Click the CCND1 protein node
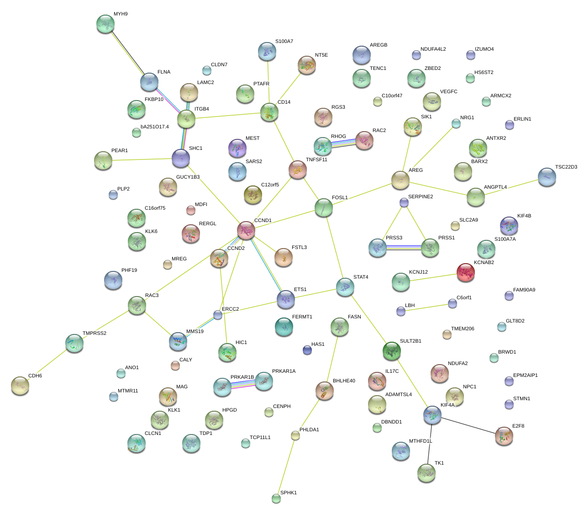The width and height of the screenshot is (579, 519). [246, 230]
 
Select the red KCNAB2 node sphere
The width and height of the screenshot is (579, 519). [466, 272]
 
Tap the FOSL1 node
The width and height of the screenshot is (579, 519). [324, 207]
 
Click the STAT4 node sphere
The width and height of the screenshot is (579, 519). [345, 286]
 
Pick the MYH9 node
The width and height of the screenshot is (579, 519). [105, 24]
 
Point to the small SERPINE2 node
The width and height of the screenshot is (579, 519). [404, 202]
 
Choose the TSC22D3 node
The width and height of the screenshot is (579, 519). [547, 177]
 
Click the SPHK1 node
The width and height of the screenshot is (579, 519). [276, 498]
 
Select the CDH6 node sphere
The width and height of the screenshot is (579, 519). [20, 386]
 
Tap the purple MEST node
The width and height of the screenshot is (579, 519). [237, 148]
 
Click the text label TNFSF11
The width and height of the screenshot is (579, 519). [316, 160]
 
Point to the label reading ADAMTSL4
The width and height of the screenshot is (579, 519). [398, 395]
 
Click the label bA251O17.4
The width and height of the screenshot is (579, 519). [154, 127]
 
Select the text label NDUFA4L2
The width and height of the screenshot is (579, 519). [433, 49]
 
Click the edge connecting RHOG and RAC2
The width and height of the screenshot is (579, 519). [343, 143]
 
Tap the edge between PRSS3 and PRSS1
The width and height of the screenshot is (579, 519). [404, 248]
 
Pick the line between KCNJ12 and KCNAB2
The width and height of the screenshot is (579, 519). [433, 277]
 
